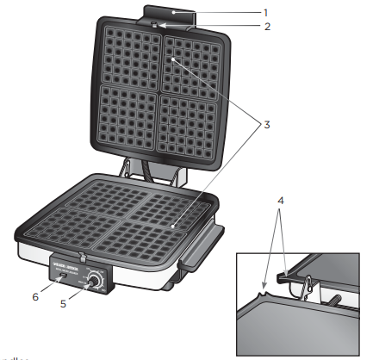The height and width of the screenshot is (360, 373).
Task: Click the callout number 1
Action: [265, 13]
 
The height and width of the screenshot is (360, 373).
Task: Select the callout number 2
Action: [267, 27]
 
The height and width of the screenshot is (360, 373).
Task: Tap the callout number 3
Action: [267, 125]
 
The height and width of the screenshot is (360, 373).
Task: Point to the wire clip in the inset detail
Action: [301, 289]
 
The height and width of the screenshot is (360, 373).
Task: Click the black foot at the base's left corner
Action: [18, 234]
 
